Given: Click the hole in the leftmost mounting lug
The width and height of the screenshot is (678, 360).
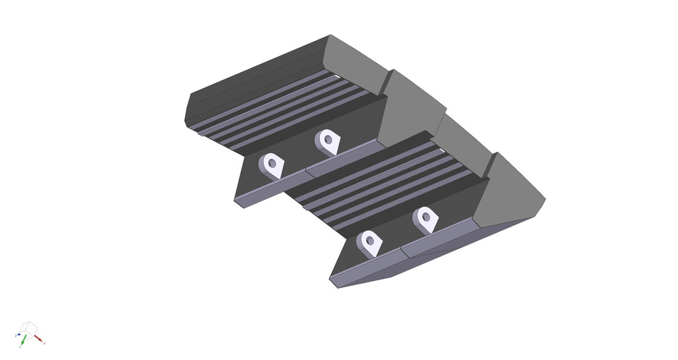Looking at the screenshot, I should tap(272, 163).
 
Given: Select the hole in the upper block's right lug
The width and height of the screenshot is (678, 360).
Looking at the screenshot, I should tap(328, 139).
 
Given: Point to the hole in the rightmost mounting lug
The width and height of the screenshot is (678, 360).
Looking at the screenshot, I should tap(426, 217).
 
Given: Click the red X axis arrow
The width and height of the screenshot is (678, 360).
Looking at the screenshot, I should tap(39, 339).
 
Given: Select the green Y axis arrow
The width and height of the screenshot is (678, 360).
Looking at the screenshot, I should tap(23, 342).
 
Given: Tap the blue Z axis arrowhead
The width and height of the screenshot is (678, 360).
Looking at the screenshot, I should tap(17, 335).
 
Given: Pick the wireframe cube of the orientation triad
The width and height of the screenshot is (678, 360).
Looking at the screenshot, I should tap(29, 327).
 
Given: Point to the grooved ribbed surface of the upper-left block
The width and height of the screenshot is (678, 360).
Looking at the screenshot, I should tap(282, 106).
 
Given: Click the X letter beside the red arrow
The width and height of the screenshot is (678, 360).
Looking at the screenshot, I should tap(44, 342).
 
